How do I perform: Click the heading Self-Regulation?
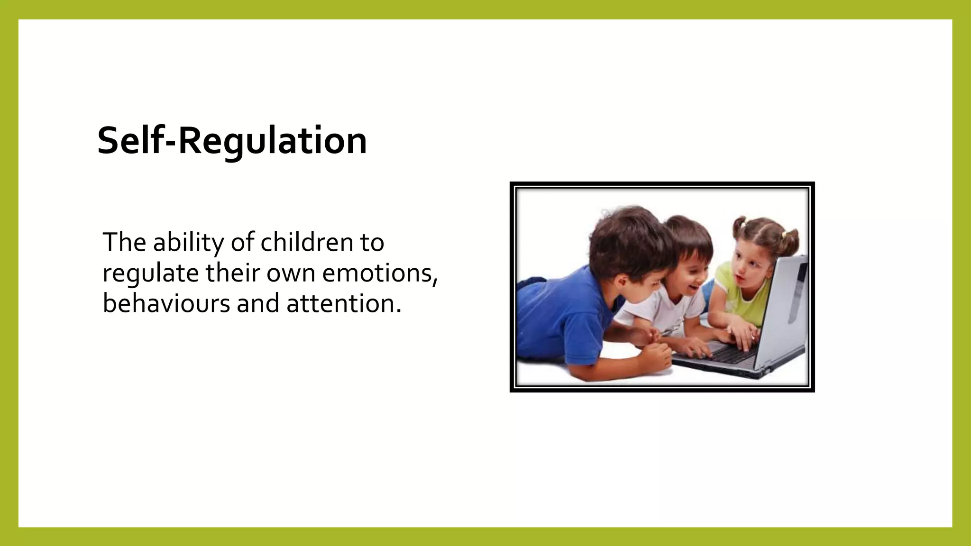[x=232, y=141]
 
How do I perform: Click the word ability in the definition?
[x=188, y=243]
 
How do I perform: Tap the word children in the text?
[x=306, y=243]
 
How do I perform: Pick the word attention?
[x=344, y=304]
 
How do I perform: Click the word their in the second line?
[x=232, y=273]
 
